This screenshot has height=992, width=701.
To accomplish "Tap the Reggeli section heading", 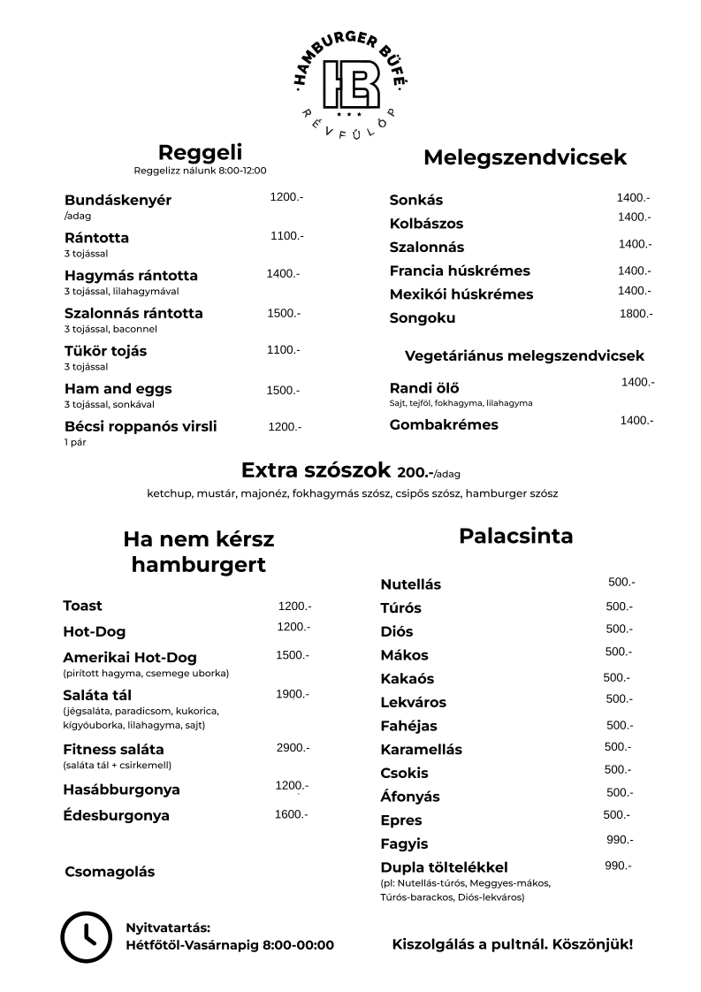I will click(200, 152).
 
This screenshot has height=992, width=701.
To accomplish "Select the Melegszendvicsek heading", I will click(525, 157).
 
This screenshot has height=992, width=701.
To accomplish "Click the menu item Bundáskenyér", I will click(118, 200).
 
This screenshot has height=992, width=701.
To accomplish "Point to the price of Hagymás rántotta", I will click(283, 274).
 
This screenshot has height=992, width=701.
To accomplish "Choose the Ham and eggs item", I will click(118, 388).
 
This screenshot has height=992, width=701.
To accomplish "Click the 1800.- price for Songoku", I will click(636, 314).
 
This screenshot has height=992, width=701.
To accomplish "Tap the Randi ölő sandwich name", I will click(424, 387).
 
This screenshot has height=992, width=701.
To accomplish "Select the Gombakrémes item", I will click(444, 424).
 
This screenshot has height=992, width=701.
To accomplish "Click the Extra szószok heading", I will click(317, 469).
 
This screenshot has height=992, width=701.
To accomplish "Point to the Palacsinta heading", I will click(516, 536).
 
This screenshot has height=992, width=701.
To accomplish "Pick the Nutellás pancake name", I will click(410, 584).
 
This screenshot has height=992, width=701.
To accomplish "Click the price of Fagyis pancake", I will click(620, 839).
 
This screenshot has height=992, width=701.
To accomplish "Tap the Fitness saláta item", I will click(113, 750).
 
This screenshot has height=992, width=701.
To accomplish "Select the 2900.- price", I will click(293, 748).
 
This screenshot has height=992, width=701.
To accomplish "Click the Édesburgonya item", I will click(116, 815).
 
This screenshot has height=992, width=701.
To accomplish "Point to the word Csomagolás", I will click(110, 872).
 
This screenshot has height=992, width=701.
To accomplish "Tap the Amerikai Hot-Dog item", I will click(130, 658).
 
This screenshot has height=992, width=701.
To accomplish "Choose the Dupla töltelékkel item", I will click(444, 866).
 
